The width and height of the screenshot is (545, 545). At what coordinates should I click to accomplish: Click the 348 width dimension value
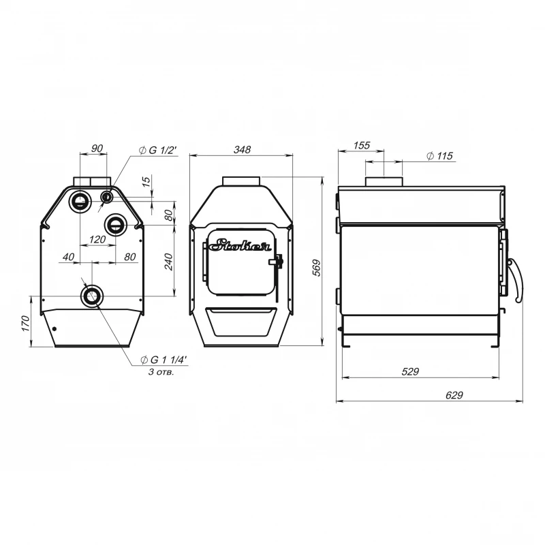[242, 149]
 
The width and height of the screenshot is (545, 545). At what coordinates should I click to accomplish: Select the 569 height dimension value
[317, 268]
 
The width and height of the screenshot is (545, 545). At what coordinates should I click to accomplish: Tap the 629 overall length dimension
[454, 395]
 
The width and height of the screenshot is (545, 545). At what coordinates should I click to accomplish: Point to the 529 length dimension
[410, 371]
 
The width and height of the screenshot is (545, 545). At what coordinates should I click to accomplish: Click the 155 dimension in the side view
[362, 145]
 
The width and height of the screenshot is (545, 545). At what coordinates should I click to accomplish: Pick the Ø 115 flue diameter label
[439, 156]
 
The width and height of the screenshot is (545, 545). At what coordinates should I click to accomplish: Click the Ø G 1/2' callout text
[158, 150]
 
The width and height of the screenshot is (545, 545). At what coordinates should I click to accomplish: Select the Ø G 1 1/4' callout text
[163, 360]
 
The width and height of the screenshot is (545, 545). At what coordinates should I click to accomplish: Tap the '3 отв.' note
[161, 372]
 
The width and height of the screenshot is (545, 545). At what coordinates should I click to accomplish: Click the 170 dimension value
[26, 323]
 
